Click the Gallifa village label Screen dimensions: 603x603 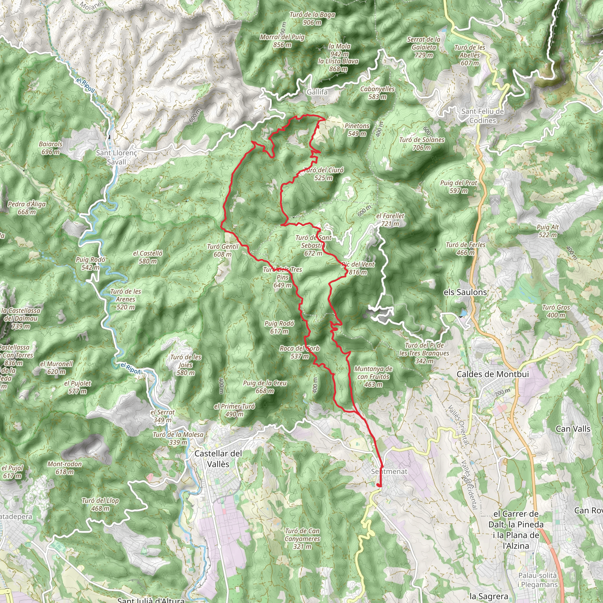(317, 92)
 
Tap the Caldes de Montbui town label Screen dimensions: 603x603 (493, 374)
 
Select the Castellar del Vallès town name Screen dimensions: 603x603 (218, 459)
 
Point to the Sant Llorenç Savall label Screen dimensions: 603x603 (116, 157)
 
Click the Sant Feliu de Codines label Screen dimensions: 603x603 (483, 116)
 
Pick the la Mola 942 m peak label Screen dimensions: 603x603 (339, 50)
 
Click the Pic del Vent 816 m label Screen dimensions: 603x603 (358, 268)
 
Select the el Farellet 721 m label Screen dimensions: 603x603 (390, 220)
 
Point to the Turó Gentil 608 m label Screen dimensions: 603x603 (223, 250)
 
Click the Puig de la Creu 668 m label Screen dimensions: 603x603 (265, 387)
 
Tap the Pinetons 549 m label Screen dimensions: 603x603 (357, 130)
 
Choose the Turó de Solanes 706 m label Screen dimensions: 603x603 (422, 144)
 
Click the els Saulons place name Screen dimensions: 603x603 (465, 292)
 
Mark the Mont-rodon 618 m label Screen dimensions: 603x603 (64, 468)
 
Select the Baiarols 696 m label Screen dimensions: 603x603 (51, 148)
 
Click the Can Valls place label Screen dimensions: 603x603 (573, 429)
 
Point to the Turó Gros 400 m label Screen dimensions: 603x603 (556, 311)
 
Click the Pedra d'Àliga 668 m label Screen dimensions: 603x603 (27, 208)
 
